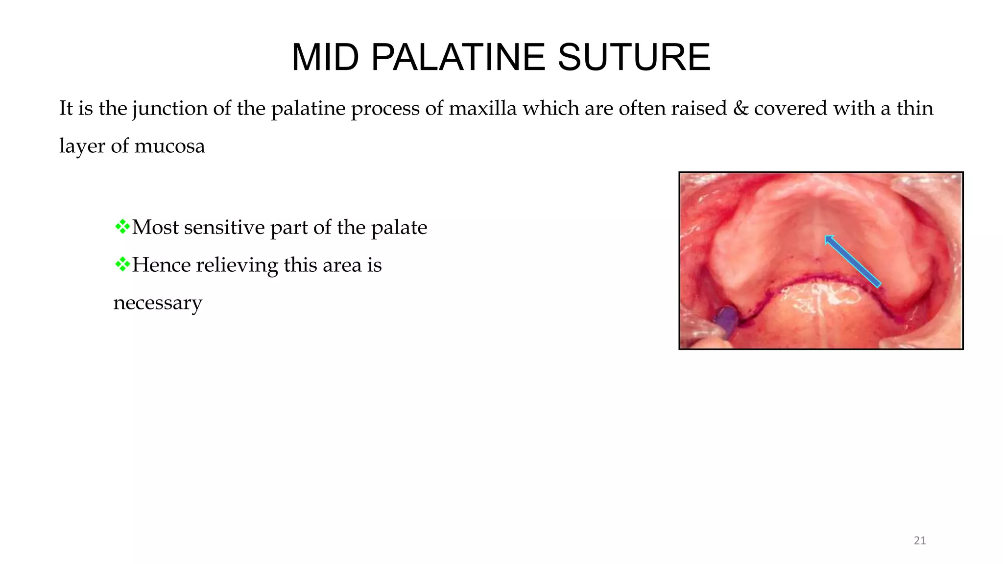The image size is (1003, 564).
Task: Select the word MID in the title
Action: pos(325,58)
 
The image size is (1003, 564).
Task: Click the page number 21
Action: pos(920,540)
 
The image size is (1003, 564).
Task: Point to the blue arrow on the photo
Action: pos(852,261)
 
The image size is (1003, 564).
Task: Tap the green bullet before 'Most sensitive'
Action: pos(122,226)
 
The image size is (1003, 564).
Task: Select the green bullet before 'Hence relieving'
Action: pos(122,264)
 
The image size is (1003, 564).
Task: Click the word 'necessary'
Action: pos(157,303)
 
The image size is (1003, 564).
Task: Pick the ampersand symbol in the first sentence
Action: pos(740,108)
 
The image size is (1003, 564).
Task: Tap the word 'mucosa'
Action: pos(169,146)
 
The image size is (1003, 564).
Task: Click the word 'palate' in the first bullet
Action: pos(399,228)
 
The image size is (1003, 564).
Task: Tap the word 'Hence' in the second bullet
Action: pos(161,265)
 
